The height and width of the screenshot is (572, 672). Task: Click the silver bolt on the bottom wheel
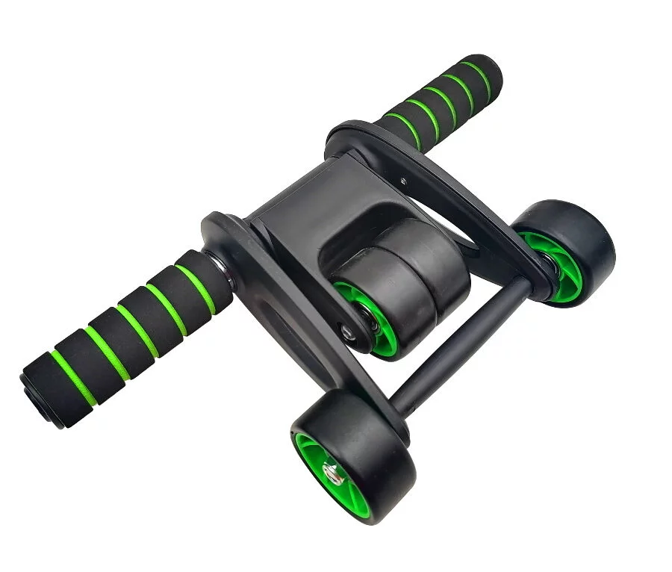331,471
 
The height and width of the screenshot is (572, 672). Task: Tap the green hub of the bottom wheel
317,457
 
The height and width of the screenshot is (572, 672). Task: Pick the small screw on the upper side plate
403,180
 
